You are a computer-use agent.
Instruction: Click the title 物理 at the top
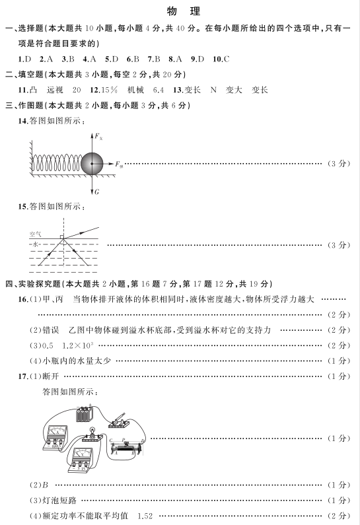[184, 11]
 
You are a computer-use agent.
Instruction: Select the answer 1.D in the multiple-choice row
[24, 59]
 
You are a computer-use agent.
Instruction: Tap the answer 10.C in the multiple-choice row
[221, 59]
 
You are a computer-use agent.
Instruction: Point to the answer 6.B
[133, 59]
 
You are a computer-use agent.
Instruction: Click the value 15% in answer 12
[109, 90]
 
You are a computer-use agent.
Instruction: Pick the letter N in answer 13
[213, 90]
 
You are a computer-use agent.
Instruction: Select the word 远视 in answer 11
[55, 90]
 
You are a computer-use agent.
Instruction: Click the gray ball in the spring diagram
[92, 163]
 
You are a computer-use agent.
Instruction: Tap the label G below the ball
[97, 192]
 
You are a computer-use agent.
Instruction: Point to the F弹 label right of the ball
[119, 164]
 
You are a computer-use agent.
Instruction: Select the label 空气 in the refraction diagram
[35, 234]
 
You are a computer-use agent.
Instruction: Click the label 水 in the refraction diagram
[35, 244]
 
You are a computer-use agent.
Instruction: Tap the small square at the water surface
[62, 237]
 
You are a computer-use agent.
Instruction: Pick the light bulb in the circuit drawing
[92, 431]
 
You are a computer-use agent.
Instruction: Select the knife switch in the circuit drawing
[119, 421]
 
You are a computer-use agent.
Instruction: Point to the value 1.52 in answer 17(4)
[145, 516]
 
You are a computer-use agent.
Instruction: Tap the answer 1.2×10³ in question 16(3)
[78, 345]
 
